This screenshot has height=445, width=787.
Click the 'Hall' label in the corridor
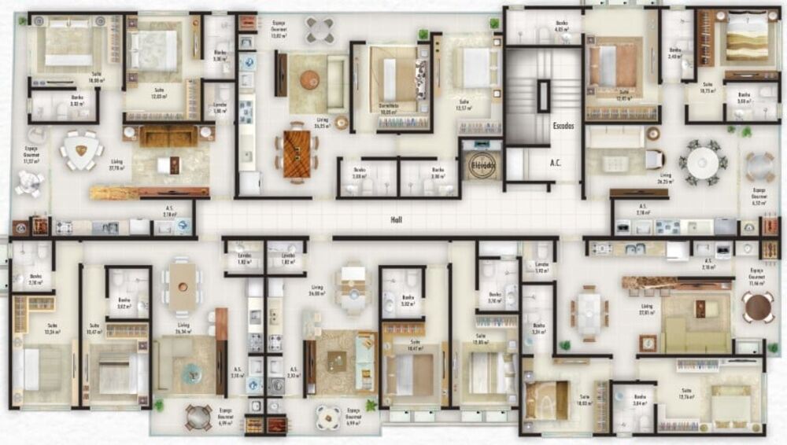coord(396,220)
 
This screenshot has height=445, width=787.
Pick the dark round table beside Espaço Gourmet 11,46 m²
coord(758,307)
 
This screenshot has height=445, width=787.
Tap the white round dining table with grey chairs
coord(701,163)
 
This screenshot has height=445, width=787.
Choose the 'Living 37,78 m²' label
coord(116,166)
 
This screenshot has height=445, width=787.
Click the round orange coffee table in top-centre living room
coord(309,79)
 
